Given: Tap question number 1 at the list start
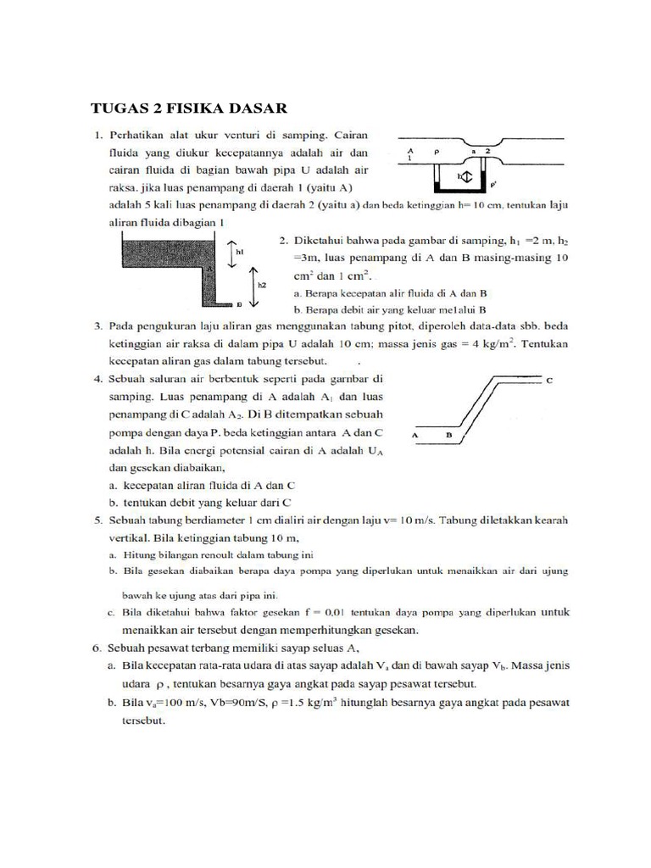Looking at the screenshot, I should [x=97, y=135].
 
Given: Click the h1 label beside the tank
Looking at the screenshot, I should [x=241, y=251].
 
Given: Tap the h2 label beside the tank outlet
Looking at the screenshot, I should [x=262, y=285].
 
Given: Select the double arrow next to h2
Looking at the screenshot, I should [x=251, y=285].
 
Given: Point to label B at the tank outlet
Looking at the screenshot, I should [x=240, y=303].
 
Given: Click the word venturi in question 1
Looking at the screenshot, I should [x=298, y=135].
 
